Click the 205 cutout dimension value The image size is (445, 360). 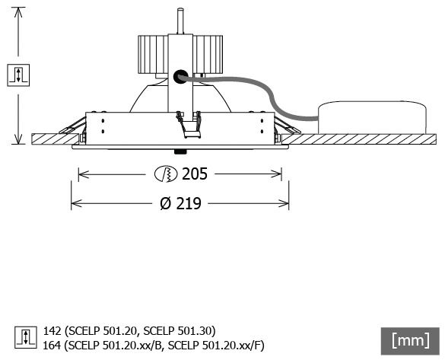195,174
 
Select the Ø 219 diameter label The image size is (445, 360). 180,203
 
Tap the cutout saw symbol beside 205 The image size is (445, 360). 166,174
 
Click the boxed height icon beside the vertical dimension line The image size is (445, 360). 18,75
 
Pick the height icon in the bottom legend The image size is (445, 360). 26,338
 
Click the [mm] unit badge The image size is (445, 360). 410,341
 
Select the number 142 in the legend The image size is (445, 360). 52,331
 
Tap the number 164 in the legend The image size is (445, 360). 52,346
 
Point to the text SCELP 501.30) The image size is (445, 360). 180,331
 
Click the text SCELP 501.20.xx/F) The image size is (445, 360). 216,346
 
